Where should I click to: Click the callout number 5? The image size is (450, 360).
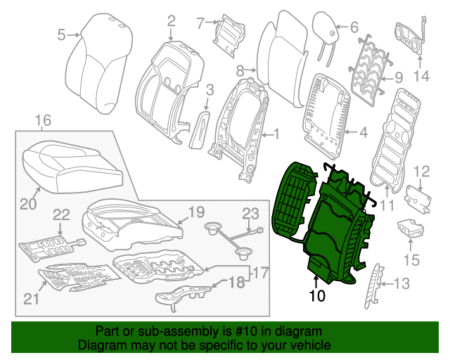point(60,34)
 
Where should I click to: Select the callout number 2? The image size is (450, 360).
point(170,25)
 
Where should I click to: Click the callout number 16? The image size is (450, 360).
point(43,121)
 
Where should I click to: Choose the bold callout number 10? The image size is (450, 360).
point(316,296)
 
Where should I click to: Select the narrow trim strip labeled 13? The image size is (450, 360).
point(373,285)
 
